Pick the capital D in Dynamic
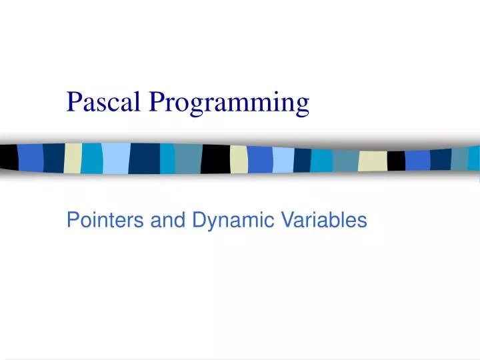[x=199, y=220]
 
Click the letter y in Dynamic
[x=213, y=223]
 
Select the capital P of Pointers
[x=72, y=220]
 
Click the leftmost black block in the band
[x=9, y=157]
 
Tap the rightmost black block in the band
[x=396, y=161]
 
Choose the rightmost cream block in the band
[x=372, y=161]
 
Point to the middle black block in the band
[x=215, y=159]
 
